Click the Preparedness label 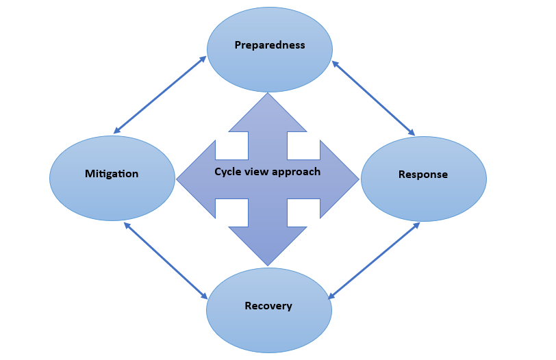[x=270, y=45]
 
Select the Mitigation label [x=112, y=174]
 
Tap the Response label [x=423, y=175]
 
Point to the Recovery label [x=268, y=306]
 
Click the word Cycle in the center [x=226, y=172]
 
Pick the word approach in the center [x=296, y=172]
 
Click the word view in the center [x=255, y=172]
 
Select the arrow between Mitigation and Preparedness [x=160, y=94]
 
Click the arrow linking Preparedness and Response [x=373, y=98]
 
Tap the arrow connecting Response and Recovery [x=374, y=261]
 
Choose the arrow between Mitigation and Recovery [x=166, y=261]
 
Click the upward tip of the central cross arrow [x=268, y=93]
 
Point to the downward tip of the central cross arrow [x=268, y=266]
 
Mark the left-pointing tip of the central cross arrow [x=177, y=179]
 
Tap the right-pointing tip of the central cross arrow [x=359, y=179]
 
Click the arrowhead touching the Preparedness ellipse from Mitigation [x=203, y=59]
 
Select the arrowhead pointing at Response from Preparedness [x=412, y=132]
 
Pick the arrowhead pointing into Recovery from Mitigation [x=204, y=296]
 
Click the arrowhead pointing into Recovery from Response [x=331, y=296]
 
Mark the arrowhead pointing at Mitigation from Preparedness [x=117, y=131]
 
